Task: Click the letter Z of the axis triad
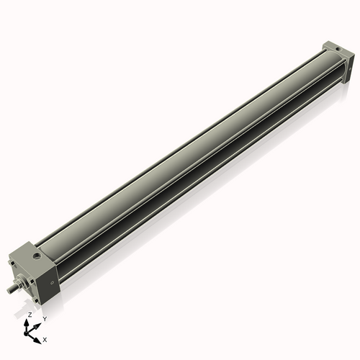(x=30, y=315)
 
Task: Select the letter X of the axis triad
(x=45, y=338)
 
